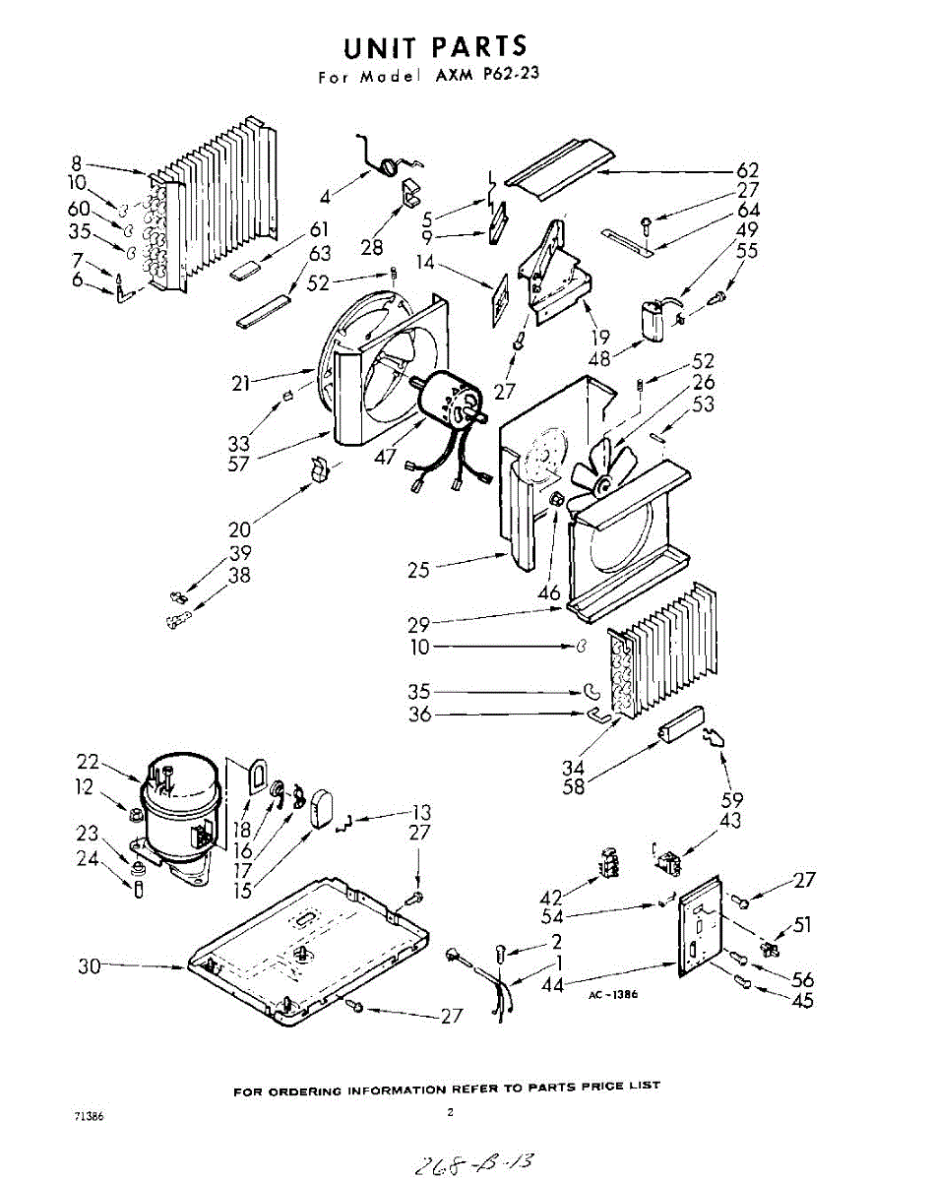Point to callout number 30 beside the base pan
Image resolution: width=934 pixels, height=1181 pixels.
pyautogui.click(x=92, y=967)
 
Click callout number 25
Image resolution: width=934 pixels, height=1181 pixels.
pyautogui.click(x=420, y=570)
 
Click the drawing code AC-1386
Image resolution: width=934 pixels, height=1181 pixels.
pyautogui.click(x=613, y=995)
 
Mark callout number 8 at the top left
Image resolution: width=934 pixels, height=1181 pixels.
pyautogui.click(x=77, y=163)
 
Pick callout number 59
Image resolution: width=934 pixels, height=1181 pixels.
pyautogui.click(x=731, y=799)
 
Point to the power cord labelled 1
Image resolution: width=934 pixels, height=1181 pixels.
pyautogui.click(x=503, y=989)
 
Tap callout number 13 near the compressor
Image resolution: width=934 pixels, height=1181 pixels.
pyautogui.click(x=421, y=813)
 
